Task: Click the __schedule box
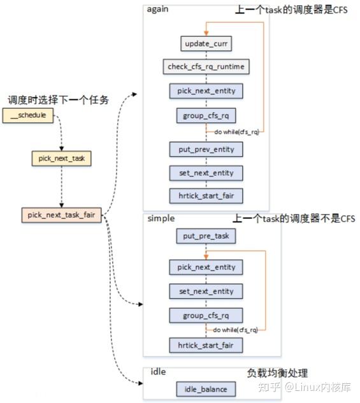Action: pyautogui.click(x=28, y=117)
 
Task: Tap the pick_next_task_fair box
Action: pyautogui.click(x=61, y=215)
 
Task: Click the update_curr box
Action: pyautogui.click(x=205, y=44)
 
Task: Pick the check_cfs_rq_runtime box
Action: pyautogui.click(x=205, y=67)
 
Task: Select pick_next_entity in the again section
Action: pyautogui.click(x=205, y=91)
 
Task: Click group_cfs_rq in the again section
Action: pyautogui.click(x=205, y=115)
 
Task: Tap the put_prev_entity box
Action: pyautogui.click(x=205, y=150)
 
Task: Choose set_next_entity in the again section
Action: pyautogui.click(x=205, y=173)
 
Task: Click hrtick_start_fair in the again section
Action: pyautogui.click(x=205, y=195)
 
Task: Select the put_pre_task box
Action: pyautogui.click(x=205, y=236)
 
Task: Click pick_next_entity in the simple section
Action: pyautogui.click(x=205, y=267)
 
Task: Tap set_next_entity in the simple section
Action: pyautogui.click(x=205, y=291)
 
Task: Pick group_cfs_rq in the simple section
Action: pyautogui.click(x=205, y=315)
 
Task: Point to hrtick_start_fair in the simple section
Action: pyautogui.click(x=205, y=345)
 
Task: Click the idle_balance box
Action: pyautogui.click(x=205, y=389)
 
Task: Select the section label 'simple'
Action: pyautogui.click(x=161, y=218)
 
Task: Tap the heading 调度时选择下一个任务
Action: pyautogui.click(x=58, y=100)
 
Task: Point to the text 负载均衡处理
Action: pyautogui.click(x=277, y=373)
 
